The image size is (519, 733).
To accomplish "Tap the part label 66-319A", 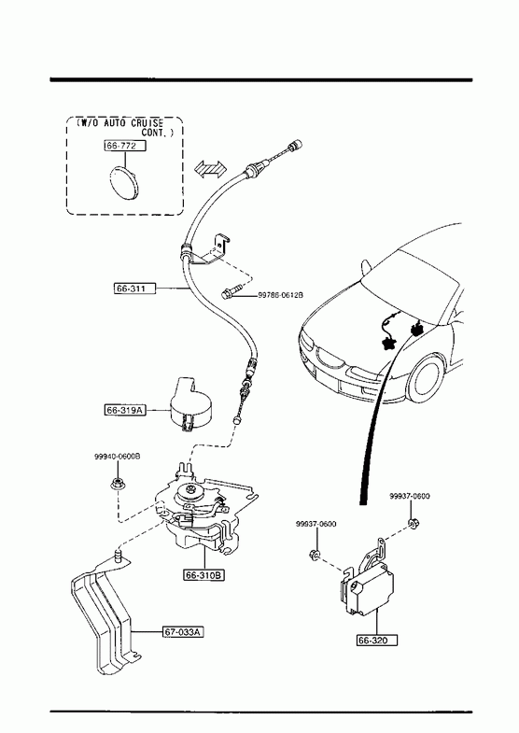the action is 124,411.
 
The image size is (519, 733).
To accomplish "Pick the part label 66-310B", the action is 203,575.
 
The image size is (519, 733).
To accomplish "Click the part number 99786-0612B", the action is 281,295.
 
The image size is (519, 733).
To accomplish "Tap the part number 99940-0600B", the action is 118,456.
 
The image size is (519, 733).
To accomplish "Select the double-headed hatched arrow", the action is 210,168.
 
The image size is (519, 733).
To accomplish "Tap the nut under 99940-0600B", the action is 117,484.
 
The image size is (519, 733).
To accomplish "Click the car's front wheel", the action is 425,380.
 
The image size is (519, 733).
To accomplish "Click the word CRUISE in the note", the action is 147,123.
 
